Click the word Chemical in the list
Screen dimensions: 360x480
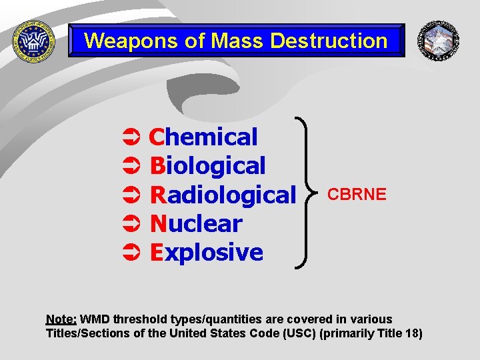pyautogui.click(x=203, y=137)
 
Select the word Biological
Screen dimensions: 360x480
pyautogui.click(x=207, y=166)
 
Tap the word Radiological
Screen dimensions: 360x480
pyautogui.click(x=223, y=195)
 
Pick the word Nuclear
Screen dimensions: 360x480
pyautogui.click(x=196, y=223)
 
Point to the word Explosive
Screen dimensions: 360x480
pyautogui.click(x=207, y=253)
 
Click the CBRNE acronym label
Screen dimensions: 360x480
pyautogui.click(x=357, y=195)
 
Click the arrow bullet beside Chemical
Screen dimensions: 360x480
pyautogui.click(x=131, y=138)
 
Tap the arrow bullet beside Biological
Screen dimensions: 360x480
pyautogui.click(x=131, y=167)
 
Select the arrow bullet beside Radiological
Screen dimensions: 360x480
pyautogui.click(x=131, y=195)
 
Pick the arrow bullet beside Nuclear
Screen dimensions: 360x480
pyautogui.click(x=131, y=224)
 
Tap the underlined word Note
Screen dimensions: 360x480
pyautogui.click(x=61, y=319)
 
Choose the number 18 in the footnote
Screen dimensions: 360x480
pyautogui.click(x=413, y=333)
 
